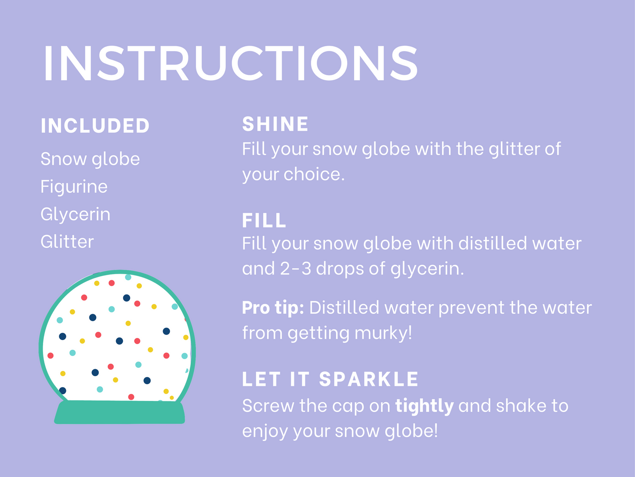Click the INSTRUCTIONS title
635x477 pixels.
coord(230,63)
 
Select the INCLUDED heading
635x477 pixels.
coord(95,126)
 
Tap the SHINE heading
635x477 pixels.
coord(275,124)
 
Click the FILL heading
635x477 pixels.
coord(264,220)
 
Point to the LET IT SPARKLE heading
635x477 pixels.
coord(330,379)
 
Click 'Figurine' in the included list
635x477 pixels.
coord(74,187)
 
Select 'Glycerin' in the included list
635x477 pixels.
coord(75,214)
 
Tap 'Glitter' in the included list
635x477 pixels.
coord(67,242)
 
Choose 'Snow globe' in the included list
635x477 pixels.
coord(90,159)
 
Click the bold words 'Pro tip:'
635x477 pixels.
coord(273,308)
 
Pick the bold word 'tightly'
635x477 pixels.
coord(424,406)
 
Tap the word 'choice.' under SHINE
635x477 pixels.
coord(314,174)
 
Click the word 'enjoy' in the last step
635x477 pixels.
coord(265,431)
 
